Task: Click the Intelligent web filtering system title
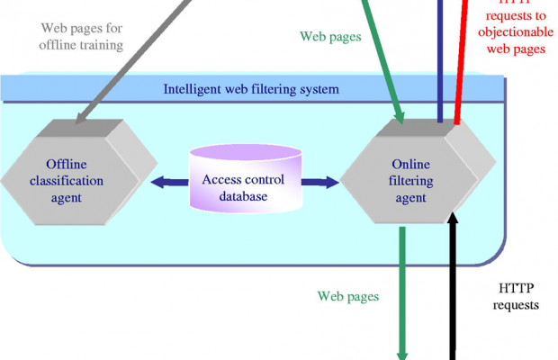[x=251, y=89]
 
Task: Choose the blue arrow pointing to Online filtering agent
[x=319, y=182]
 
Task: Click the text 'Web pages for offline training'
[x=81, y=35]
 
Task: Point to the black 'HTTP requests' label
[x=517, y=296]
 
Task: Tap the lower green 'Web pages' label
[x=348, y=295]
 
